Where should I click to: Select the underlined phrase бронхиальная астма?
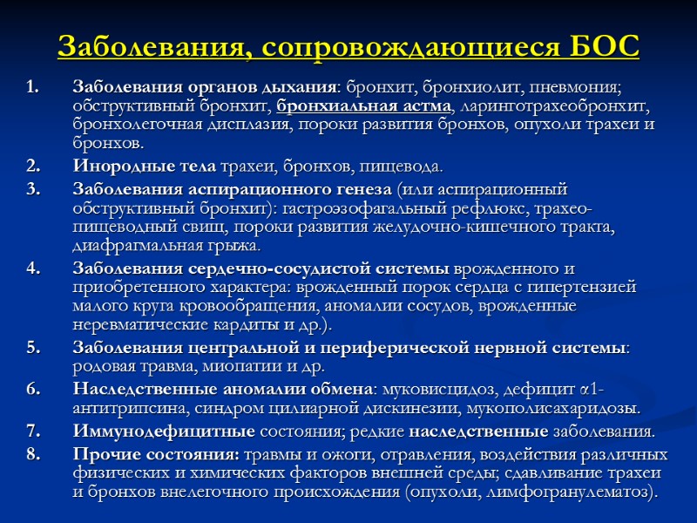[365, 106]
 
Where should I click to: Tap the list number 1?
[32, 88]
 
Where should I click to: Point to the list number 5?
[32, 348]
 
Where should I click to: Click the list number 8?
[32, 455]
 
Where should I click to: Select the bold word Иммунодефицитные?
[164, 431]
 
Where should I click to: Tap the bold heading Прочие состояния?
[156, 455]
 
